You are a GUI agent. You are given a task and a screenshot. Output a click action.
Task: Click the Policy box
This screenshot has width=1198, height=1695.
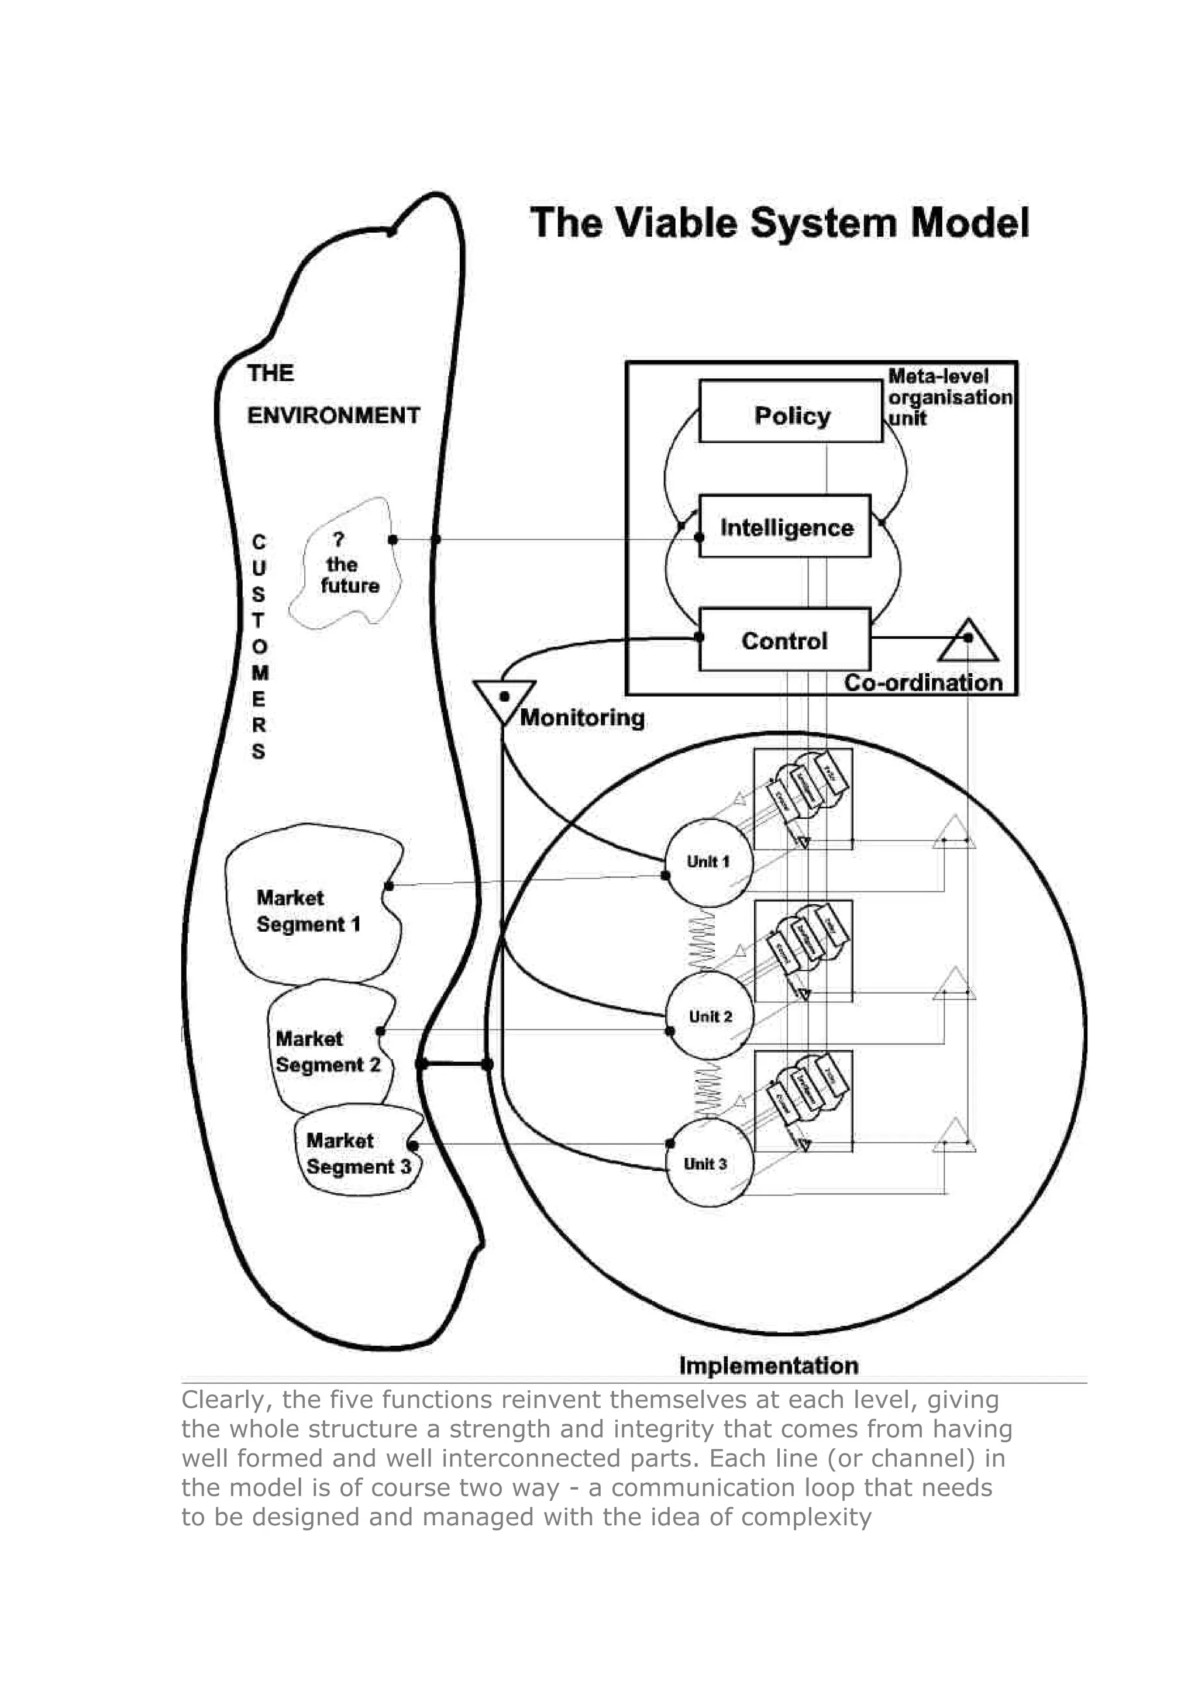pyautogui.click(x=790, y=411)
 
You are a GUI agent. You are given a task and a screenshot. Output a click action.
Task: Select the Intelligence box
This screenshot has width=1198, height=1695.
pyautogui.click(x=784, y=526)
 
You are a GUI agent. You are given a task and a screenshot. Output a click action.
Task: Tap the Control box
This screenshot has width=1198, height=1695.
pyautogui.click(x=784, y=639)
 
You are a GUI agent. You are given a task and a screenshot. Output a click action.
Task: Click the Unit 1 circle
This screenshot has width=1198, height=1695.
pyautogui.click(x=708, y=862)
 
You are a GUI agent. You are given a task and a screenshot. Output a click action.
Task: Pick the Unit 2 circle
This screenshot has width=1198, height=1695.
pyautogui.click(x=710, y=1016)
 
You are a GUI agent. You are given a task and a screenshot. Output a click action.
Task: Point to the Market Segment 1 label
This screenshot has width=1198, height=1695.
pyautogui.click(x=308, y=910)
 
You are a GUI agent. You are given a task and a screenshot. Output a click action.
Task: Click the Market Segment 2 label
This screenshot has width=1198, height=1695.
pyautogui.click(x=328, y=1051)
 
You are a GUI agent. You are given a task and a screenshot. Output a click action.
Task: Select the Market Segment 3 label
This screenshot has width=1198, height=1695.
pyautogui.click(x=358, y=1153)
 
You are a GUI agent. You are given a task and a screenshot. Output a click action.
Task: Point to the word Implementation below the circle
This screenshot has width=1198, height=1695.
pyautogui.click(x=769, y=1365)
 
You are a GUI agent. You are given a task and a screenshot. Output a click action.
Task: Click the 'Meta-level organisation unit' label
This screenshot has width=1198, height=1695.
pyautogui.click(x=948, y=397)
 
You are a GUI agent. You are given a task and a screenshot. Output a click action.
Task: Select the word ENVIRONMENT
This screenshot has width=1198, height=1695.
pyautogui.click(x=333, y=416)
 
